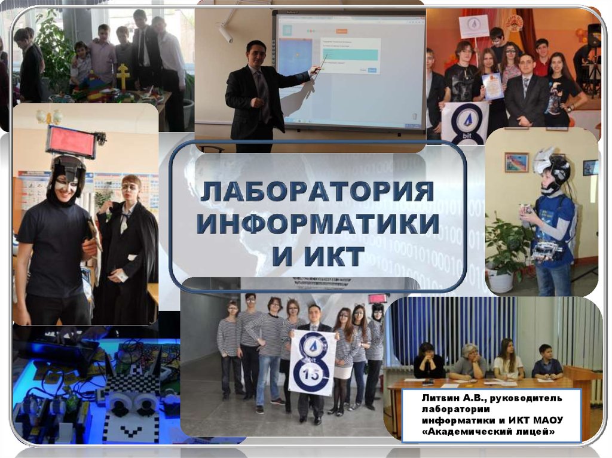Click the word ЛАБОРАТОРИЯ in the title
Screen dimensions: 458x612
tap(317, 192)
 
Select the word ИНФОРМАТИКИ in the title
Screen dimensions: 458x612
tap(317, 225)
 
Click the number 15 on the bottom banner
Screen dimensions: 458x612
tap(312, 375)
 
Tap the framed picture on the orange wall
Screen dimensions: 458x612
tap(516, 162)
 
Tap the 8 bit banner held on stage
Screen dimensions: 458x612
tap(464, 122)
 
